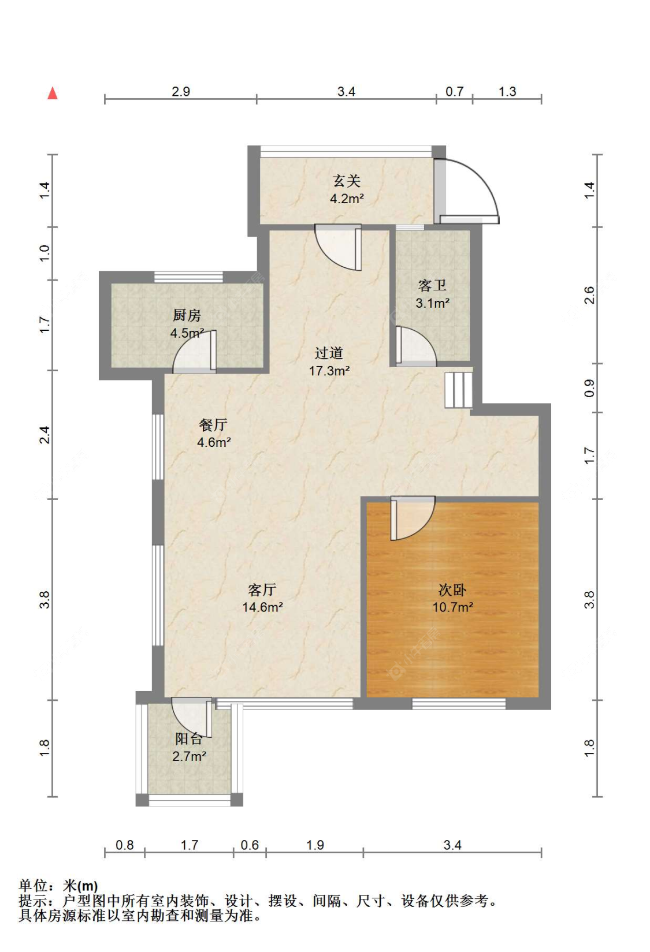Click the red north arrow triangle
pos(53,93)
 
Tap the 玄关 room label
pos(347,181)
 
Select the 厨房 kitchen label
pos(187,315)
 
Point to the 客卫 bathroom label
pos(432,285)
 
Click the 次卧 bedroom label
pos(452,590)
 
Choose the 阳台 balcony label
pos(189,738)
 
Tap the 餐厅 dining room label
pos(213,424)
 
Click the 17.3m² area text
pos(329,371)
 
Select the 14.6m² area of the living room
pos(262,607)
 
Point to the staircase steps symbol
pos(459,390)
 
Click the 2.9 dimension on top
pos(181,91)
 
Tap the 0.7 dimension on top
pos(454,91)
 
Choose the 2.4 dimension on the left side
pos(44,435)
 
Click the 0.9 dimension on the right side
pos(589,387)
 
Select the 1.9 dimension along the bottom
pos(315,845)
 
